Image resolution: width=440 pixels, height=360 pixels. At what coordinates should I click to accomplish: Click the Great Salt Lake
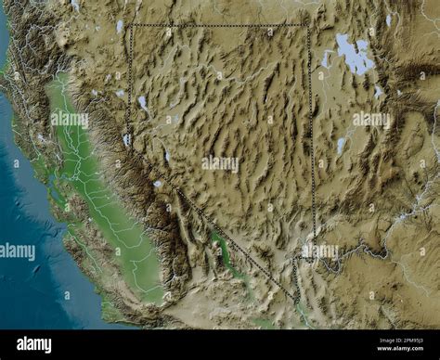pyautogui.click(x=354, y=56)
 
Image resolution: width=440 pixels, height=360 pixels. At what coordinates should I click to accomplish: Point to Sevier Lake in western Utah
pyautogui.click(x=341, y=145)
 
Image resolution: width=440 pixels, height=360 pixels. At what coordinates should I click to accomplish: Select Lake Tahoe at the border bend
pyautogui.click(x=126, y=140)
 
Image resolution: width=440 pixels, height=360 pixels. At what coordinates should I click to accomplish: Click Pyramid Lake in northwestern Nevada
pyautogui.click(x=142, y=102)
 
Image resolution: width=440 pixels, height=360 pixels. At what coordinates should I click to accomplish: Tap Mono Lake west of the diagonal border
pyautogui.click(x=158, y=184)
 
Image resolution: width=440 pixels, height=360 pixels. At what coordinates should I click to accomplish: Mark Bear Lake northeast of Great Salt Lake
pyautogui.click(x=388, y=20)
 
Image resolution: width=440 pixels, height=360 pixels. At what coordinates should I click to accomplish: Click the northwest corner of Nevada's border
pyautogui.click(x=130, y=26)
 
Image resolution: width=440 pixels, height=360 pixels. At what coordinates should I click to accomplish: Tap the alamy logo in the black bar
pyautogui.click(x=33, y=343)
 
